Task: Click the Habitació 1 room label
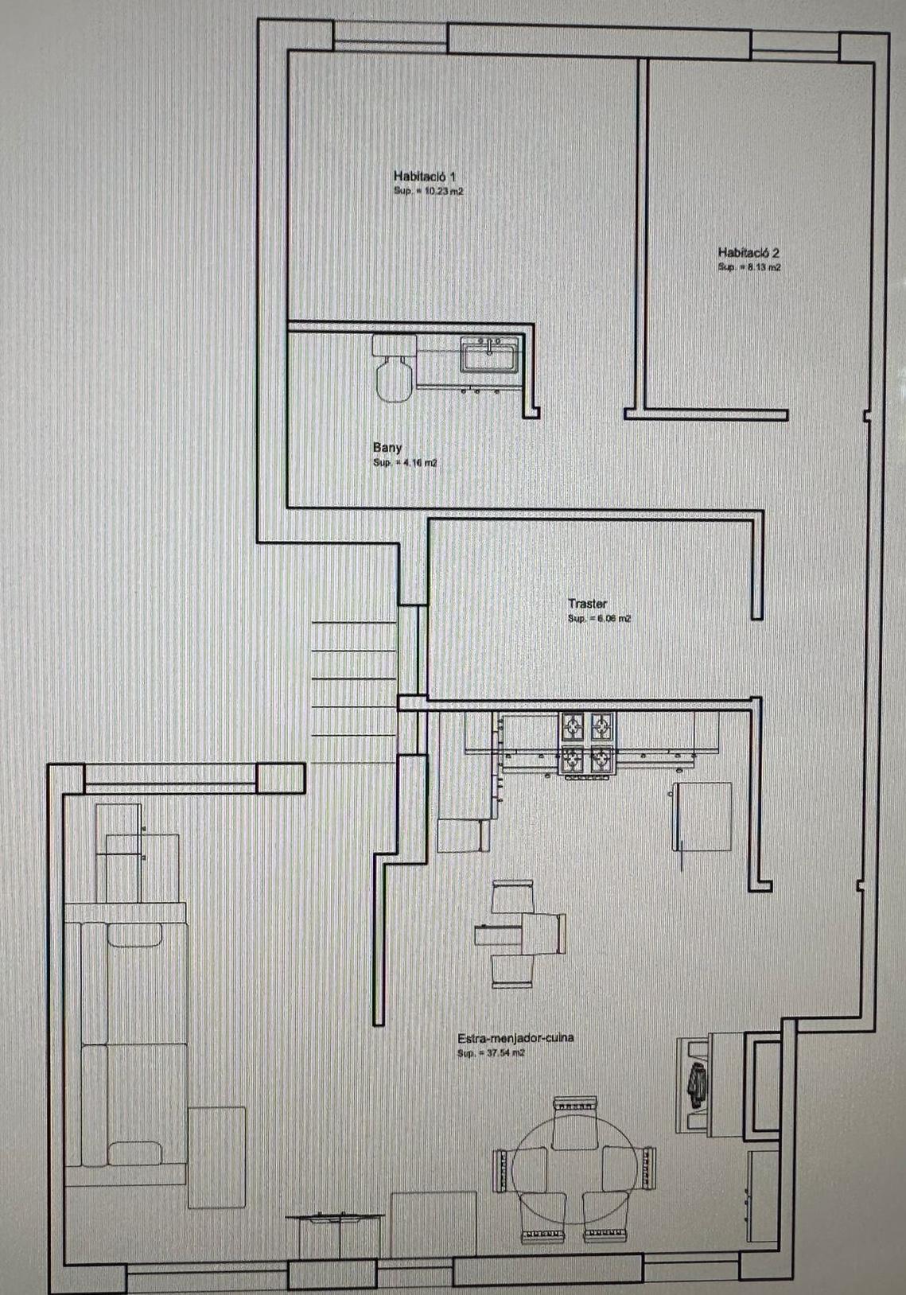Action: (x=424, y=176)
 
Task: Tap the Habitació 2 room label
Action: (x=748, y=252)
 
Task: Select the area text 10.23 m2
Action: (x=429, y=192)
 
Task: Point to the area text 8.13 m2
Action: (x=749, y=267)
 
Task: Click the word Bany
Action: (x=387, y=448)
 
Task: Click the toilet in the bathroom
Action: (x=394, y=370)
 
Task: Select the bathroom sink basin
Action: (x=490, y=354)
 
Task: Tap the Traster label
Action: (x=587, y=604)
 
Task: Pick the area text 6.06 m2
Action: (x=599, y=618)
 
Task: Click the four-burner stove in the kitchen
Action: (x=587, y=743)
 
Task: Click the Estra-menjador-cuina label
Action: (x=515, y=1038)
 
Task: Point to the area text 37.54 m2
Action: (x=491, y=1053)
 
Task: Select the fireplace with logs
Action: (x=698, y=1083)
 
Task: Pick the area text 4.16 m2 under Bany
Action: (x=405, y=463)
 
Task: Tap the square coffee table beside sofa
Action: (x=216, y=1157)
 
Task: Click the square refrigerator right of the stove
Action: (x=703, y=816)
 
